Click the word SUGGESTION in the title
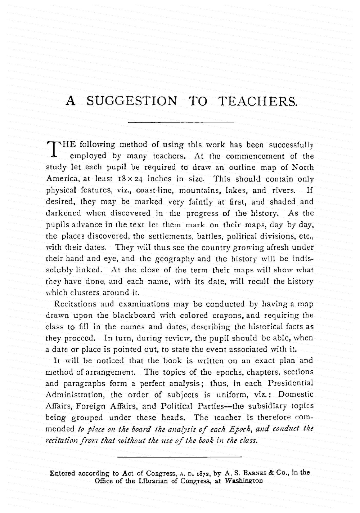coord(132,101)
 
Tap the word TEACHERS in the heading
coord(258,101)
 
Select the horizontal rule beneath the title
coord(181,123)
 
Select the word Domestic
coord(296,394)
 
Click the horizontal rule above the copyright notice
coord(179,457)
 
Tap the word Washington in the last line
coord(244,481)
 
